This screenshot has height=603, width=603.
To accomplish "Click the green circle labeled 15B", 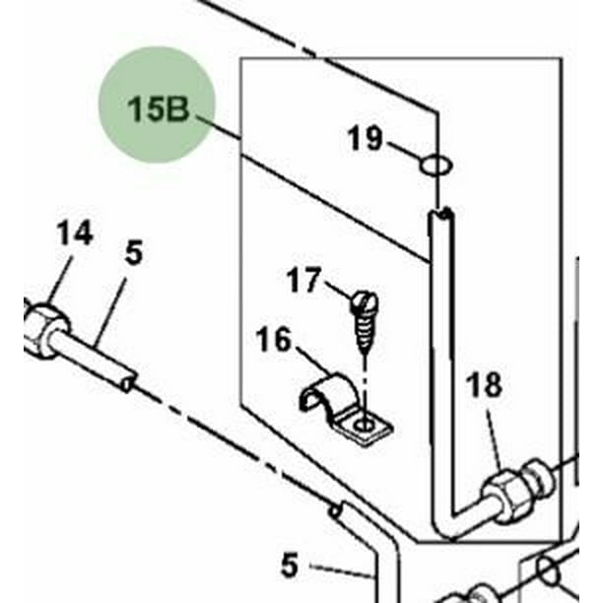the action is pyautogui.click(x=157, y=104).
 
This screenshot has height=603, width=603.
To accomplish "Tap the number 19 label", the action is pyautogui.click(x=365, y=139).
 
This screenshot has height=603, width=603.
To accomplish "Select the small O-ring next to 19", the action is pyautogui.click(x=437, y=164).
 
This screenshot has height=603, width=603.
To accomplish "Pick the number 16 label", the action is pyautogui.click(x=274, y=341).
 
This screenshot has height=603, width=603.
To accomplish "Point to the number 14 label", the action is pyautogui.click(x=74, y=234).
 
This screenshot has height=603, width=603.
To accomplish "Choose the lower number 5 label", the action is pyautogui.click(x=288, y=566).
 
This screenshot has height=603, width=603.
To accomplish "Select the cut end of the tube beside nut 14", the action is pyautogui.click(x=125, y=380).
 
